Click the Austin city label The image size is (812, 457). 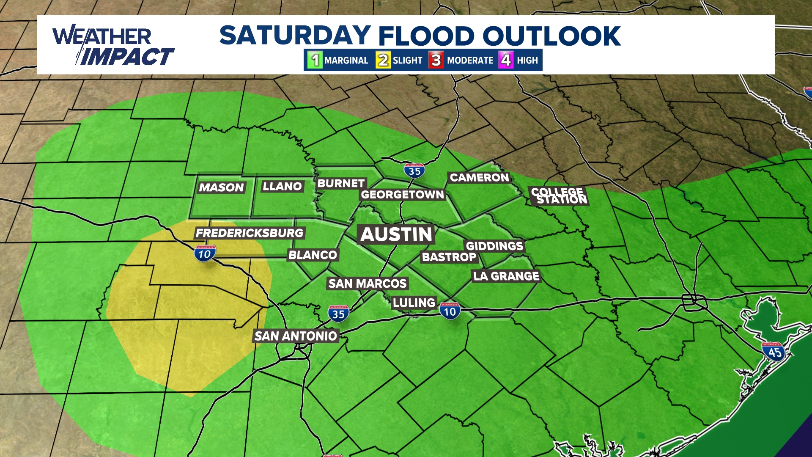point(396,234)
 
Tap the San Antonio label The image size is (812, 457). point(296,336)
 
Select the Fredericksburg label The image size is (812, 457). point(250,233)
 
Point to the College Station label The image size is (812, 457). point(559,195)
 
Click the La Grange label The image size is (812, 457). point(506,276)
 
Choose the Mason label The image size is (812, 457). point(221,187)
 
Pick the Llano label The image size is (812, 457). point(282,186)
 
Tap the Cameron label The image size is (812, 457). point(479,177)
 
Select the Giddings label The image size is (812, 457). point(494,246)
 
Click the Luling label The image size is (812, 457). point(414,303)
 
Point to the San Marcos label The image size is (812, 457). point(368,283)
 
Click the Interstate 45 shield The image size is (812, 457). point(774,352)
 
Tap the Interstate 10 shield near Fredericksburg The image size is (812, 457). point(205,253)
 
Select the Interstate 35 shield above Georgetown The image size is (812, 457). point(414,171)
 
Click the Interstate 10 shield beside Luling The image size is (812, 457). point(450,311)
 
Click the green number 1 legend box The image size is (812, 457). point(315,60)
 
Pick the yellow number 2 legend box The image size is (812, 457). point(383,60)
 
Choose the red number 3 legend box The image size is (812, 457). point(436,60)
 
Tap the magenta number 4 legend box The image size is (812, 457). point(506,60)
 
